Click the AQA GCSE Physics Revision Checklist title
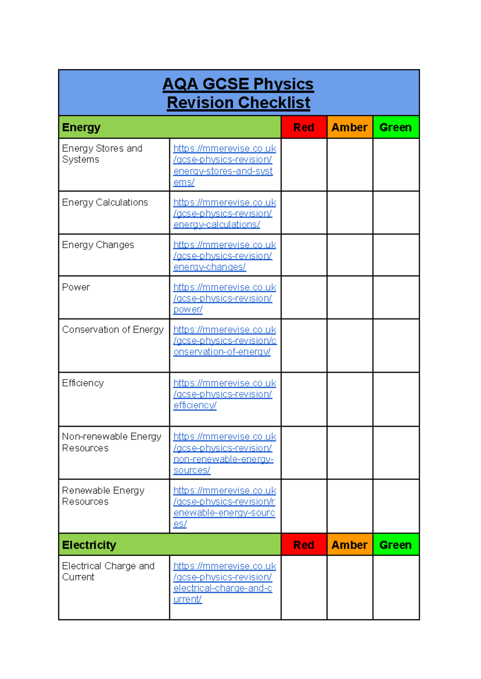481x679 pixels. coord(238,93)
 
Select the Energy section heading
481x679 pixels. coord(81,127)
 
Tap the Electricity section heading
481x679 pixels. coord(89,545)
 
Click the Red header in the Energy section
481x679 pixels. coord(304,127)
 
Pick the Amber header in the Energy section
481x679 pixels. coord(350,127)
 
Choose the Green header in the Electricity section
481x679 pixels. coord(396,545)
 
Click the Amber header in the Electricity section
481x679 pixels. coord(350,545)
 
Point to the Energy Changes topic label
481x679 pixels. coord(98,245)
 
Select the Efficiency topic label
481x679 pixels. coord(83,383)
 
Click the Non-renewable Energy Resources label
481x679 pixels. coord(111,442)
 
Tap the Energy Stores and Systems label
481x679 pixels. coord(102,154)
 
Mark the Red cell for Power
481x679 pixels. coord(304,297)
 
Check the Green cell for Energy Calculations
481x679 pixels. coord(396,213)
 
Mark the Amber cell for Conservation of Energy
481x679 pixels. coord(350,346)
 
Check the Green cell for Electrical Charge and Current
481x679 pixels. coord(396,588)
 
